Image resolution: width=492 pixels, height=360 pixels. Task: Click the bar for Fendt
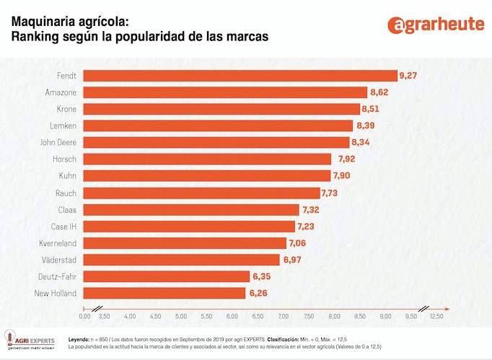point(240,76)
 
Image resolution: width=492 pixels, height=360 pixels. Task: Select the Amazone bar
point(225,92)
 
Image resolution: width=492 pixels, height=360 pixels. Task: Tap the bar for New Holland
point(164,293)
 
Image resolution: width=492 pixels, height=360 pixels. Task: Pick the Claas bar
point(191,209)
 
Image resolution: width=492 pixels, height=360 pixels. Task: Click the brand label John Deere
point(57,142)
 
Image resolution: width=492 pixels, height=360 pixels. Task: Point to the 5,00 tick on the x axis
point(181,316)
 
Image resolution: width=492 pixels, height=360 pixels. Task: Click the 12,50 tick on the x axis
point(436,316)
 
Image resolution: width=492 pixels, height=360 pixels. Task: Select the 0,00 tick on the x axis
point(84,316)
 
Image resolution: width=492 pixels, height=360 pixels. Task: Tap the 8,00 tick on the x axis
point(334,316)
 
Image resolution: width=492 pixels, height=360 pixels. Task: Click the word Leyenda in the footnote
point(79,338)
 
